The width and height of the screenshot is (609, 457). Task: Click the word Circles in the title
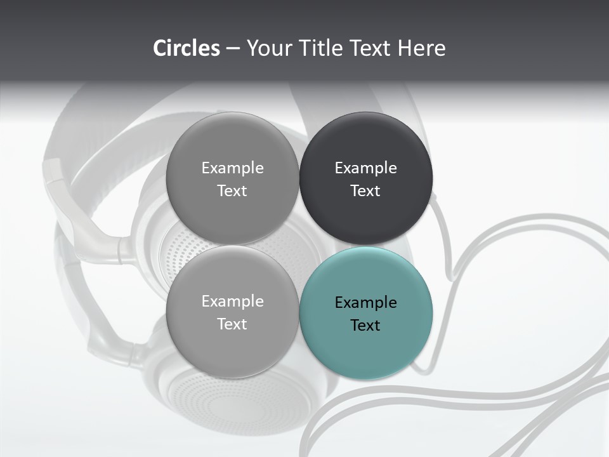(187, 48)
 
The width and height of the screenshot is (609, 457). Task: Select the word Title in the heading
(324, 48)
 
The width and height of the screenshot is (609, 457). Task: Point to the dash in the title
(233, 49)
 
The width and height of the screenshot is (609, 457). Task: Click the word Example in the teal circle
(366, 303)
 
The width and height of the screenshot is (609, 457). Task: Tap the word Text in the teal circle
(365, 326)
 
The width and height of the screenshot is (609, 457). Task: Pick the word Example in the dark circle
(366, 168)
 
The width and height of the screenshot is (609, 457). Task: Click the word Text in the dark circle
(365, 191)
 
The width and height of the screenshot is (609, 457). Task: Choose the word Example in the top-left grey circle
(232, 168)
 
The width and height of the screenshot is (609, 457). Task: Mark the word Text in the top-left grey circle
(232, 191)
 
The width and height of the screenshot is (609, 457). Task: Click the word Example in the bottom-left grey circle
(232, 301)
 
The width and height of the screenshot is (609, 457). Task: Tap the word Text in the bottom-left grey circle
(232, 324)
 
